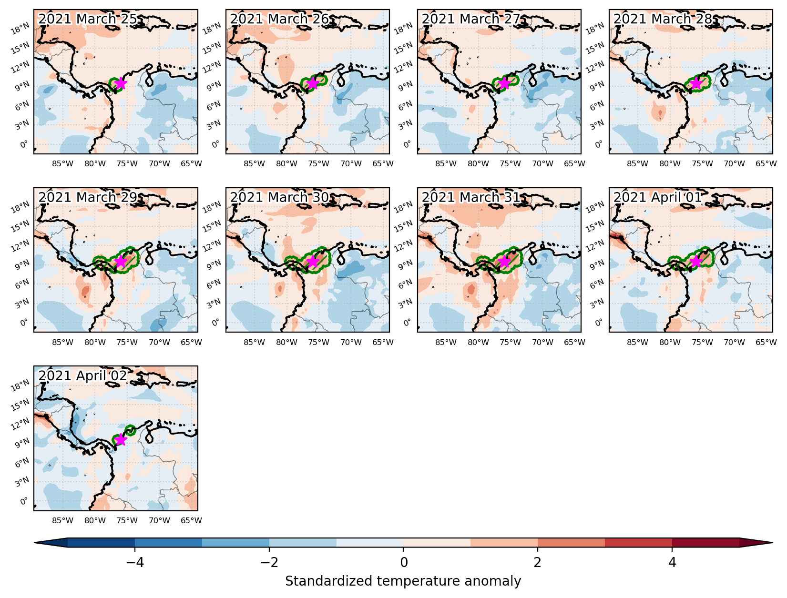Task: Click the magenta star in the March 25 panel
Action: pos(121,83)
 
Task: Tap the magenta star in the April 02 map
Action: pos(121,440)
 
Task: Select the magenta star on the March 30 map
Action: pos(313,262)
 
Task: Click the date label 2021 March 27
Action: pos(470,19)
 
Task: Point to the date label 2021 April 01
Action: pos(657,197)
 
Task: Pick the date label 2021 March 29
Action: pos(88,197)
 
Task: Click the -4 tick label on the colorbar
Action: pos(135,563)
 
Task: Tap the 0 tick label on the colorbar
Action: pos(404,563)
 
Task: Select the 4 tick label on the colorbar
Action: pos(672,563)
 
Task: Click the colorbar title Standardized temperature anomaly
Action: pos(403,581)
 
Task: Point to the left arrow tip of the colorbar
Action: pos(34,542)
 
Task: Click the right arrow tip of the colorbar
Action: pos(772,542)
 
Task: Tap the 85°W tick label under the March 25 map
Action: pos(62,164)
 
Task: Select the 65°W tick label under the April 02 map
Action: pos(191,520)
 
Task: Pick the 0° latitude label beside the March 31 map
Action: pos(407,323)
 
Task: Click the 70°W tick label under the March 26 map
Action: pos(351,164)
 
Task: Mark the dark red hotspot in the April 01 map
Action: pos(617,236)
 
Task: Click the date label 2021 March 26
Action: pos(279,19)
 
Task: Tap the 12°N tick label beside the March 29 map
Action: pos(20,246)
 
